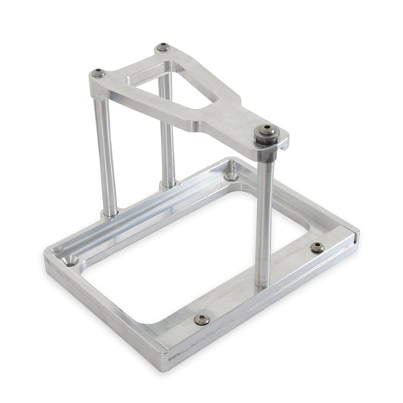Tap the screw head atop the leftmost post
pos(98,73)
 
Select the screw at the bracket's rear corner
pos(163,48)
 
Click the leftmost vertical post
pos(107,151)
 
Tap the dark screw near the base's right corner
pos(318,247)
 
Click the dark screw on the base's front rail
pos(201,319)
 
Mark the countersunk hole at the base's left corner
pos(70,261)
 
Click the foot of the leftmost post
pos(110,212)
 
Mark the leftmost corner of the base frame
pos(47,261)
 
